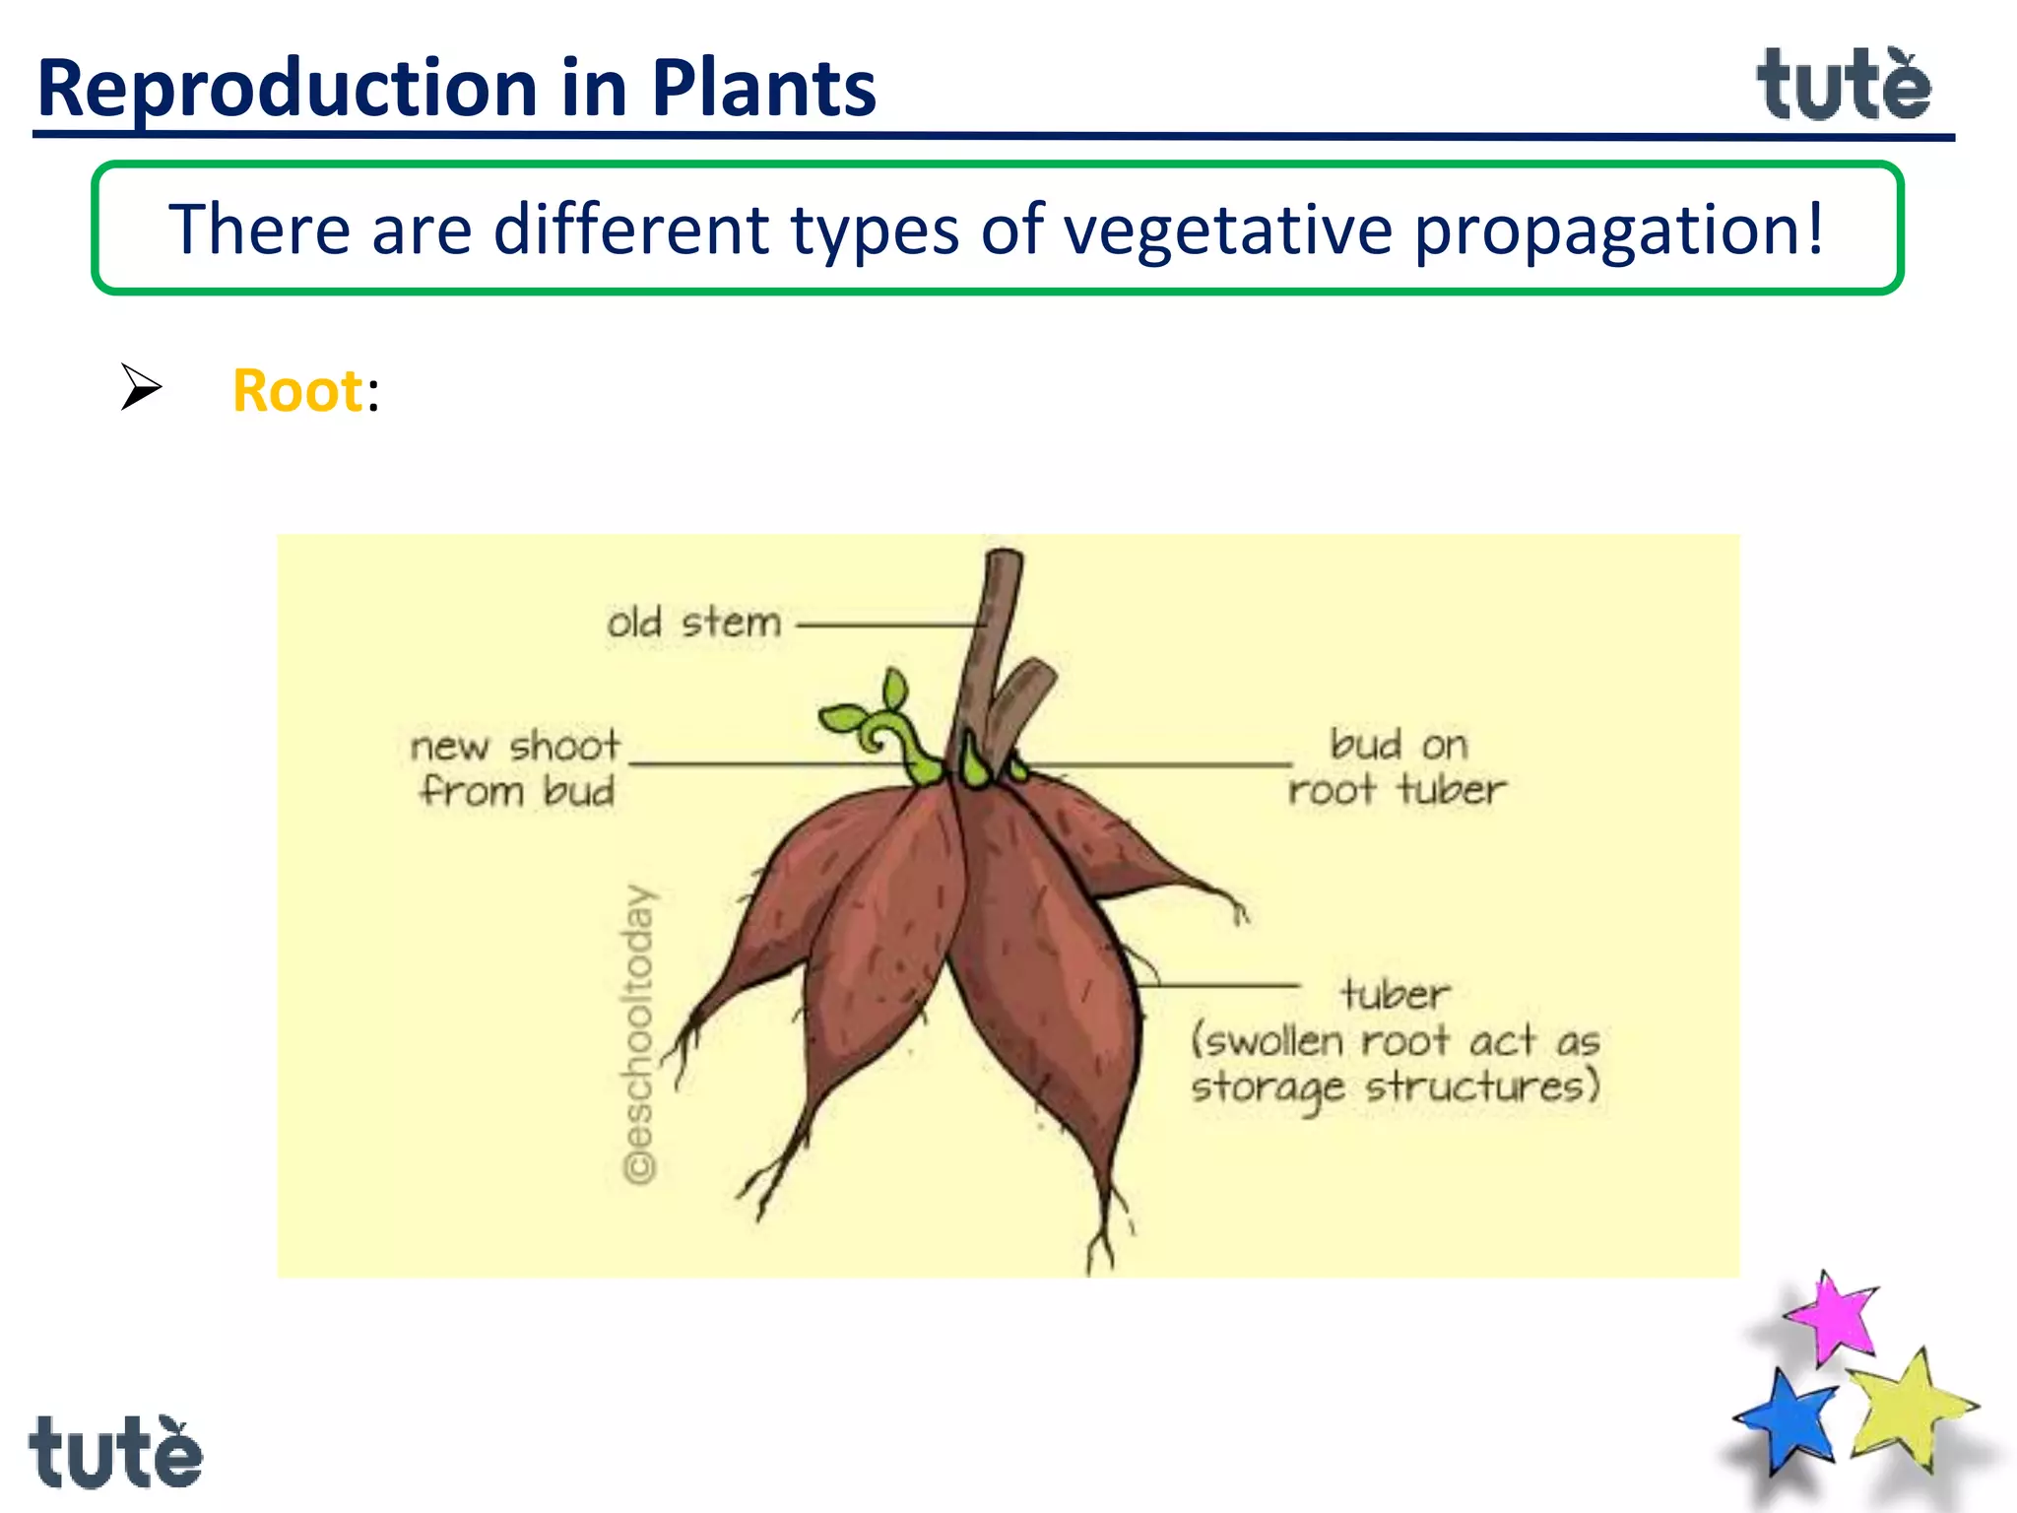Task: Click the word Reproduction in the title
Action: [286, 89]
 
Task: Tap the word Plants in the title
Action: [763, 89]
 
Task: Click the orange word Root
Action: [297, 391]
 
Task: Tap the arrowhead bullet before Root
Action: [141, 386]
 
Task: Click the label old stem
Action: [693, 624]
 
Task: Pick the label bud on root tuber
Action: [1397, 766]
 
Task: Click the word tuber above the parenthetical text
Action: [1395, 993]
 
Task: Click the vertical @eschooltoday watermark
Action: [639, 1034]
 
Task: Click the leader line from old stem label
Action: [886, 625]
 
